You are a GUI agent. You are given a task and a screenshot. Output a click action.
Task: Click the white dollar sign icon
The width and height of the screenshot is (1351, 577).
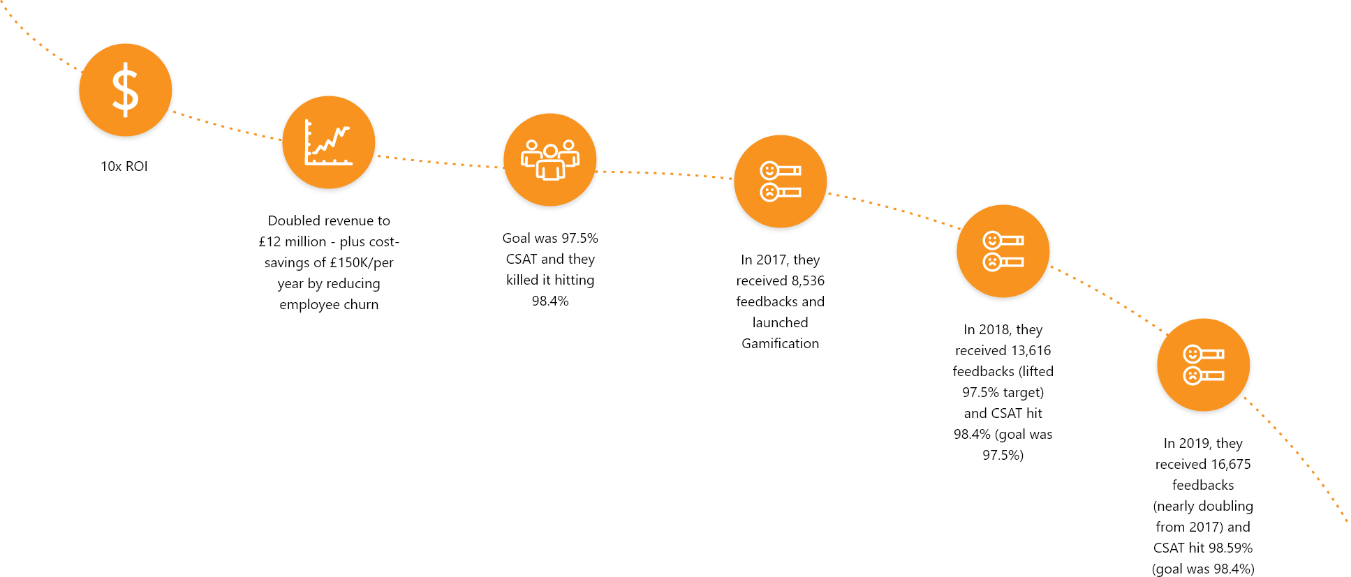point(126,89)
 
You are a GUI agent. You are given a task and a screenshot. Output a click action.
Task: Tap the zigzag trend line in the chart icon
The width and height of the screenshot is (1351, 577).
point(331,140)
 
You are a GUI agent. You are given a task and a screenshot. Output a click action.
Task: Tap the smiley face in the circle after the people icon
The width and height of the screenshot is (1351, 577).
point(769,170)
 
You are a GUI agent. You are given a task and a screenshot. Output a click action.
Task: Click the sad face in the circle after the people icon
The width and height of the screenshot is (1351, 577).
point(769,192)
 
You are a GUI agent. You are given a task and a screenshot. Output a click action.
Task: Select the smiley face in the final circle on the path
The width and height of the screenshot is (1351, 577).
point(1192,354)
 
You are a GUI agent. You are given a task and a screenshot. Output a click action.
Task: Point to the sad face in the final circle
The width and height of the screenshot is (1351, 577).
point(1192,376)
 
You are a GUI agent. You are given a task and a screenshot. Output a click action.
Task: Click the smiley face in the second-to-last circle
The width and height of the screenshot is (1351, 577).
point(991,240)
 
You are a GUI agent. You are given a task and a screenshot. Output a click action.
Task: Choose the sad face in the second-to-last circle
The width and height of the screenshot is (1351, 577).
point(991,262)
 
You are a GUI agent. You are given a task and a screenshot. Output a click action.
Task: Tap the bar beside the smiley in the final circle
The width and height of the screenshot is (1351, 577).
point(1213,354)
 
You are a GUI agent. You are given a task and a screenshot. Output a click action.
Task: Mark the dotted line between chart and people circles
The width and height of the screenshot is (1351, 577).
point(440,163)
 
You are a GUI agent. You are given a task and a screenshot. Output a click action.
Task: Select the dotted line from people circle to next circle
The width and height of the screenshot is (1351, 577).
point(663,173)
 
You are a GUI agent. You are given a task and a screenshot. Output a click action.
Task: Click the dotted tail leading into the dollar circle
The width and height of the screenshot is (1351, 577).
point(42,45)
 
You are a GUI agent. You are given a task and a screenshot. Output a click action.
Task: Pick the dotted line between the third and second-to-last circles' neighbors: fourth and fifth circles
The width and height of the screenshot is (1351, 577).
point(894,209)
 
